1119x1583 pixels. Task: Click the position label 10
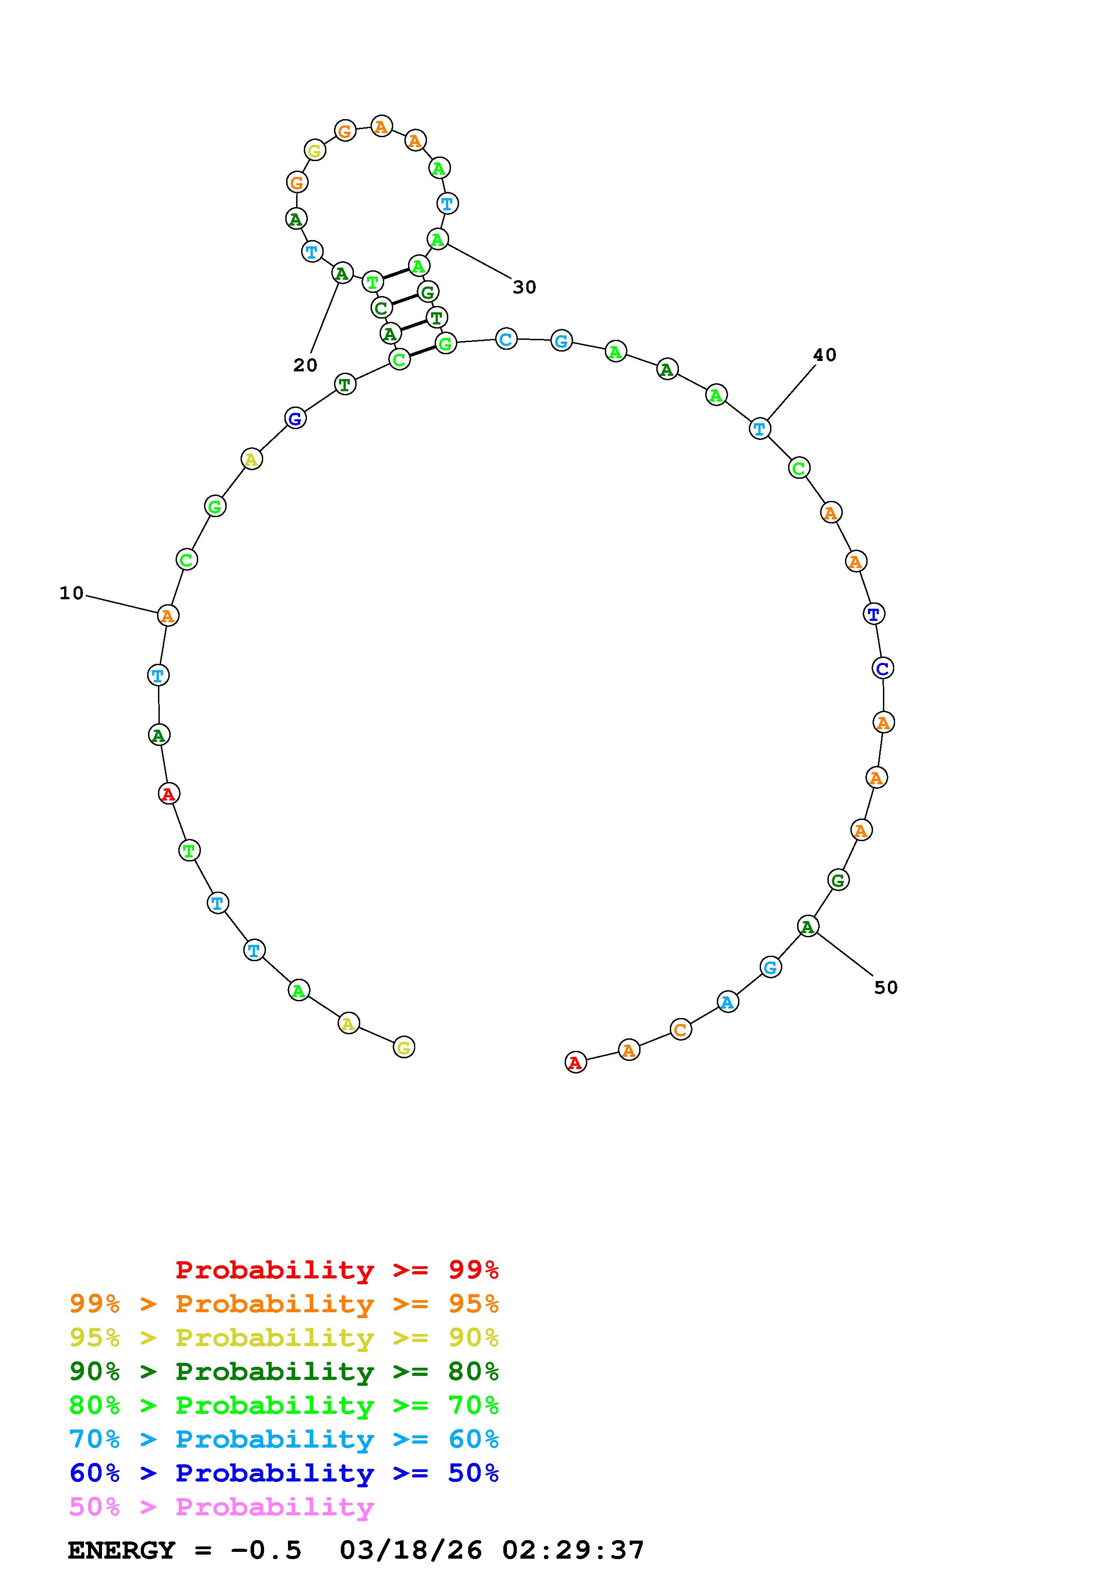[72, 593]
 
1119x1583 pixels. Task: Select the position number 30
[525, 287]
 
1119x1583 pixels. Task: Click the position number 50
[886, 987]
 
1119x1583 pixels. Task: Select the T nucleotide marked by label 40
[760, 428]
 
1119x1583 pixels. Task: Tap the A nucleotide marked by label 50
[808, 926]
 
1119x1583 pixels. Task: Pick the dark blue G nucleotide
[295, 417]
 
